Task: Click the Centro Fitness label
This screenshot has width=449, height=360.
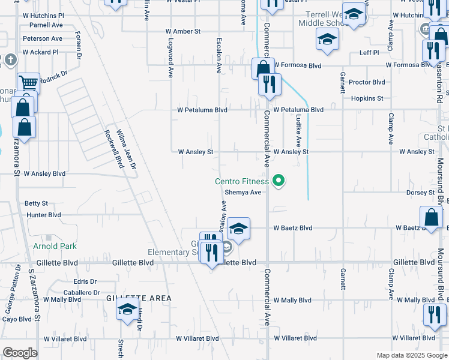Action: [242, 181]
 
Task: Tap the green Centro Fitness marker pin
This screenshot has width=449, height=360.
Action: [278, 180]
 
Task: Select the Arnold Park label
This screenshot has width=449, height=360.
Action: [55, 246]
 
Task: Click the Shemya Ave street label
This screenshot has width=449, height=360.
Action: [243, 193]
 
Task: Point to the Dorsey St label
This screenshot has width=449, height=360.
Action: [420, 193]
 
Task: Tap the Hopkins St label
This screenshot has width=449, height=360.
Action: [367, 98]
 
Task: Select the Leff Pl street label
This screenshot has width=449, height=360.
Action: [369, 53]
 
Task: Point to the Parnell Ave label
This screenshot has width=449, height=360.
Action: [46, 25]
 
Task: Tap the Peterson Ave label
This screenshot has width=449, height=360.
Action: [43, 38]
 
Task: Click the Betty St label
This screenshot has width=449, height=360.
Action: [36, 204]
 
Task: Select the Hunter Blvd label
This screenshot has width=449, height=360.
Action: [44, 215]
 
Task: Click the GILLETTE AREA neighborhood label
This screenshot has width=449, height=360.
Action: [139, 298]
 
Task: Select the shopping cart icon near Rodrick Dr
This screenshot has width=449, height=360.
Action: [28, 82]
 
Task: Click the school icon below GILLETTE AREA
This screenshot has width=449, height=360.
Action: [127, 310]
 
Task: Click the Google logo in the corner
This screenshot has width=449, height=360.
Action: [20, 353]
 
